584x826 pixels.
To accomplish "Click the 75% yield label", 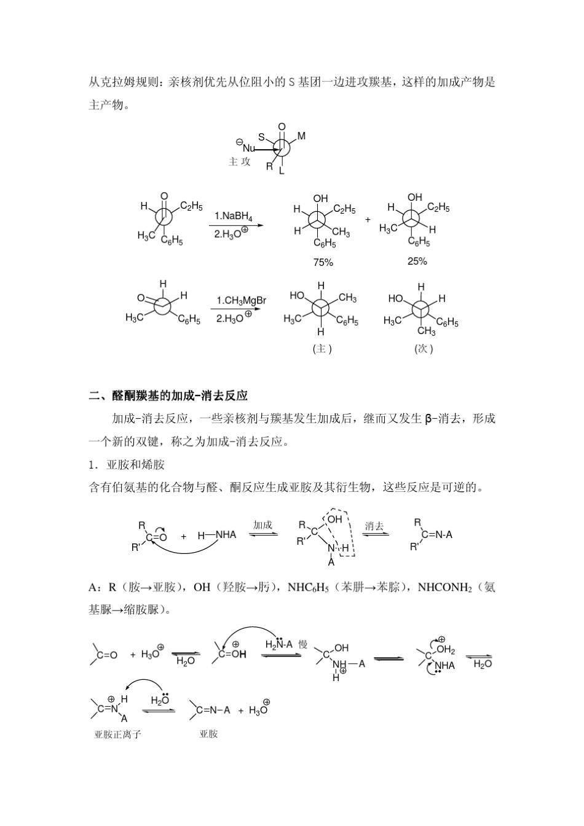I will (323, 263).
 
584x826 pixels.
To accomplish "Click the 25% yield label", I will (417, 262).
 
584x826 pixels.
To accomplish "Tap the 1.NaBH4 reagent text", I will (233, 216).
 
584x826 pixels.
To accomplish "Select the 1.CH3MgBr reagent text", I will (241, 300).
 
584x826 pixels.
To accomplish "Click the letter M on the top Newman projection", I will (301, 136).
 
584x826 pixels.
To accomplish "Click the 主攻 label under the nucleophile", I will (240, 162).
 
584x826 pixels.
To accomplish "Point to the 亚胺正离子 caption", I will (117, 734).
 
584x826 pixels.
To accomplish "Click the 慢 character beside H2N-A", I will (302, 644).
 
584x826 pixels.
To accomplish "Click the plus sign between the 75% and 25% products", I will (368, 219).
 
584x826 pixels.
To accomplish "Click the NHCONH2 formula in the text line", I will (444, 588).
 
